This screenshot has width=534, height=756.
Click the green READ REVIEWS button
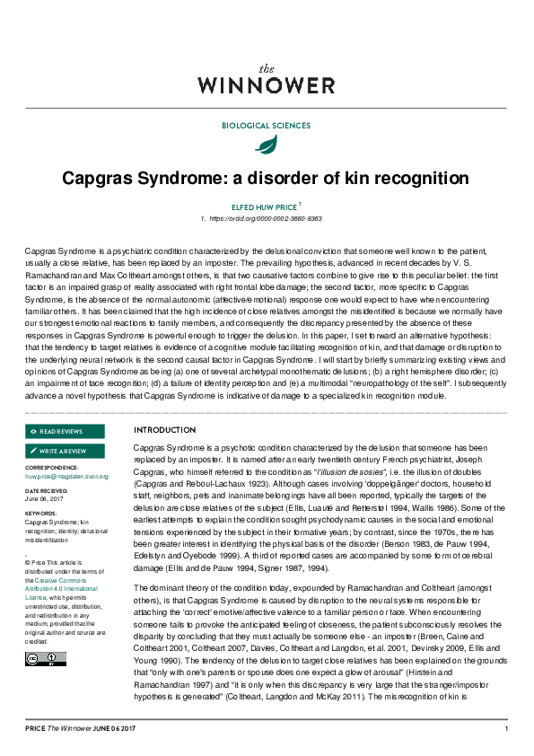[65, 432]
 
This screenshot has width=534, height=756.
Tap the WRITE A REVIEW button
[65, 451]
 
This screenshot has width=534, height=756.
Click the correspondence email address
[66, 477]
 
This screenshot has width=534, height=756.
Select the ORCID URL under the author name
[266, 219]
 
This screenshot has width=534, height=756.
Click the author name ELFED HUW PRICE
[264, 206]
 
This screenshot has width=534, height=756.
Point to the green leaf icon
[266, 145]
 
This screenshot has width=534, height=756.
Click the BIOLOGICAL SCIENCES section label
[267, 125]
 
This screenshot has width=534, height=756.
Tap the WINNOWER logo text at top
[267, 86]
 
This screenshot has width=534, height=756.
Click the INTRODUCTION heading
[164, 430]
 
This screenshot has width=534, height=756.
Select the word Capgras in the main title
[98, 178]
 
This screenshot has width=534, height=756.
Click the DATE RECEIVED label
[45, 492]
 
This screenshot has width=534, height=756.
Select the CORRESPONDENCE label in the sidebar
[51, 468]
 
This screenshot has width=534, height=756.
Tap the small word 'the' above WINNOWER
[267, 68]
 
